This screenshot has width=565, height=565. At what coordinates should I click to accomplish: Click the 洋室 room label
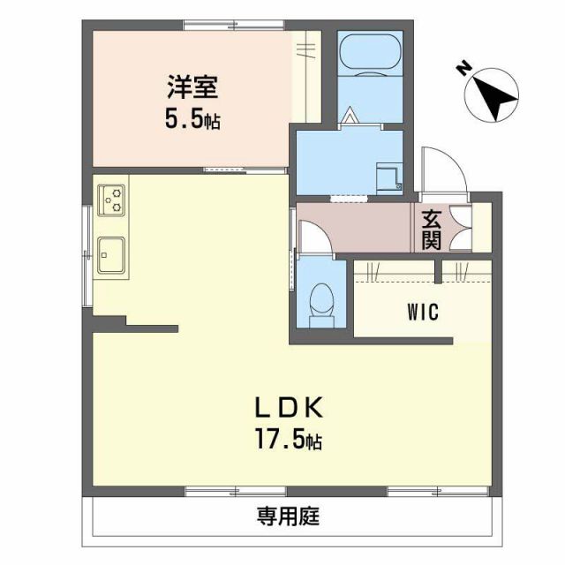tap(191, 90)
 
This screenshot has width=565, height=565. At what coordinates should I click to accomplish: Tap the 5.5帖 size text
tap(191, 119)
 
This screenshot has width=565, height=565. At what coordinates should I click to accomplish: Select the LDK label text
tap(290, 408)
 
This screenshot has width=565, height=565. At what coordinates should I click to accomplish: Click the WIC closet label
tap(424, 312)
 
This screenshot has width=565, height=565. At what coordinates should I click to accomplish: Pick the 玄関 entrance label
tap(431, 229)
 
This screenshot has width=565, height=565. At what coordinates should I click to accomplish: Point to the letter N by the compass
tap(464, 69)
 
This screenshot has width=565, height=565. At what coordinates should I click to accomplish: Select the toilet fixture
tap(323, 302)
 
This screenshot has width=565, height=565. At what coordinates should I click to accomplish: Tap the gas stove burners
tap(112, 200)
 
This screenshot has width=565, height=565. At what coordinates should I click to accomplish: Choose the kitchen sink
tap(111, 254)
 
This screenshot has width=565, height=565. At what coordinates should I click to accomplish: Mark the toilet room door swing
tap(313, 237)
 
